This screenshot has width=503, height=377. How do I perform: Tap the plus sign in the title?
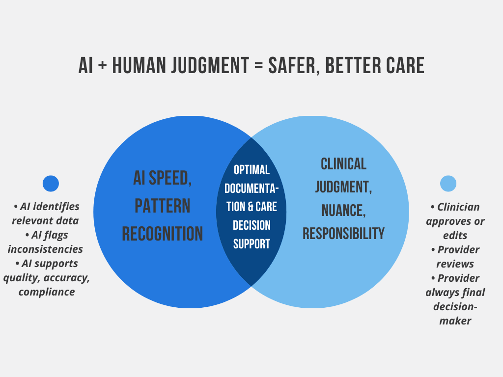coord(102,65)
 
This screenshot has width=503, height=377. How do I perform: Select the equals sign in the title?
coord(258,65)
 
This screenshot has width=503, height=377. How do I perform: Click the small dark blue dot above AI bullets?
coord(51,184)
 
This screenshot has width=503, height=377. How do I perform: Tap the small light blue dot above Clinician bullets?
coord(448,184)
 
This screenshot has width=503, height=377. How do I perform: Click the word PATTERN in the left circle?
coord(162,206)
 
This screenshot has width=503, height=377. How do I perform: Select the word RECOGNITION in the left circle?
coord(162,234)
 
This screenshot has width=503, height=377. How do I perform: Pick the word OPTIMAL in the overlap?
coord(251,170)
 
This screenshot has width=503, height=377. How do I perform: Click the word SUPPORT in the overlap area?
coord(251,244)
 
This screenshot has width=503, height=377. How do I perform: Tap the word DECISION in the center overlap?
coord(251,225)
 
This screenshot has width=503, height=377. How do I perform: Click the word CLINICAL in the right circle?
coord(343,164)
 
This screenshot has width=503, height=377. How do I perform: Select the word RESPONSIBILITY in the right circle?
coord(343,233)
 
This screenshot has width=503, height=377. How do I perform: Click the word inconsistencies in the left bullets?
coord(45,249)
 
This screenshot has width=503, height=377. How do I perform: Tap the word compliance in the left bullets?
coord(47,292)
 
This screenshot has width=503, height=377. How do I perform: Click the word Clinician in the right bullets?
coord(458,207)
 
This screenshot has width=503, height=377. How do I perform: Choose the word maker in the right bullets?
coord(455,321)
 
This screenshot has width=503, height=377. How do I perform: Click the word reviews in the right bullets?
coord(455,264)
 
